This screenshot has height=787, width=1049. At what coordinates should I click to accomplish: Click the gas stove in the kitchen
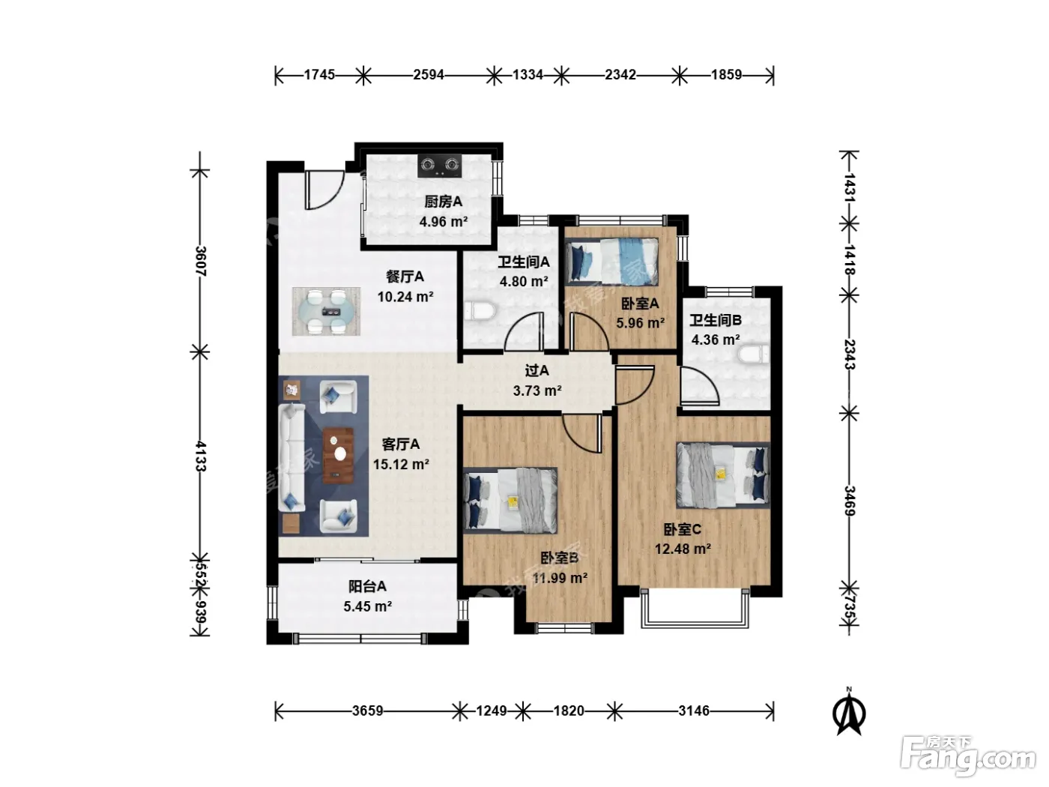[x=440, y=166]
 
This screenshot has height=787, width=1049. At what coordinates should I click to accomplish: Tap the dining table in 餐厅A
[x=327, y=311]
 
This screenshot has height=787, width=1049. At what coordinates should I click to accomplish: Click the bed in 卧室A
[x=611, y=262]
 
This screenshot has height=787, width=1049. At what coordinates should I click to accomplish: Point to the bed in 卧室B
[x=510, y=500]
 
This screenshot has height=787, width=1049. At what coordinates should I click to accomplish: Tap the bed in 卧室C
[x=722, y=475]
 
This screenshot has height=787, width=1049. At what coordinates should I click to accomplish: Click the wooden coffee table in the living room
[x=339, y=456]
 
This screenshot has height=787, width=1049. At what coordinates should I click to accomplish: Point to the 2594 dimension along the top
[x=428, y=75]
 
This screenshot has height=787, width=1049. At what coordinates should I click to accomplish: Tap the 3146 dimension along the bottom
[x=693, y=711]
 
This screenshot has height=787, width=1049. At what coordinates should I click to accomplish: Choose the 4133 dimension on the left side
[x=201, y=456]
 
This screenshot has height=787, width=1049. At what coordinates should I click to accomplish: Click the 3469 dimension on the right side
[x=849, y=500]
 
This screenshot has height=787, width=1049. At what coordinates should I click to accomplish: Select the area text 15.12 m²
[x=401, y=464]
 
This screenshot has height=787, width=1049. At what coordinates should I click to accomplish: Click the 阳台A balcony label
[x=367, y=586]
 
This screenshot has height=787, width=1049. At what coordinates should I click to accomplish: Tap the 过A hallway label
[x=536, y=370]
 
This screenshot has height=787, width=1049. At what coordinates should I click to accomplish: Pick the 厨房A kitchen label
[x=443, y=202]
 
